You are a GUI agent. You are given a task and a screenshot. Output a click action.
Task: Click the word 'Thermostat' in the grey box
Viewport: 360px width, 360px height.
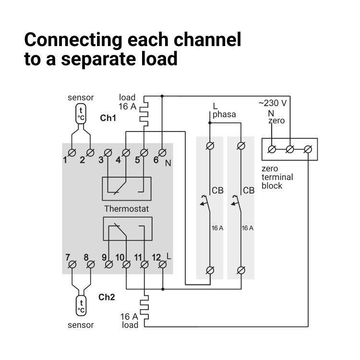(x=127, y=209)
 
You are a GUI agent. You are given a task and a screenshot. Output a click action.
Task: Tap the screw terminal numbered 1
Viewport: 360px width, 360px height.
(x=72, y=153)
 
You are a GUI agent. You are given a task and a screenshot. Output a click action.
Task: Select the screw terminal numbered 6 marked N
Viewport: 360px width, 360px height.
(x=162, y=153)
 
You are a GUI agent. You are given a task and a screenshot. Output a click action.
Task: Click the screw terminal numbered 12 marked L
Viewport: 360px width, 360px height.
(x=162, y=264)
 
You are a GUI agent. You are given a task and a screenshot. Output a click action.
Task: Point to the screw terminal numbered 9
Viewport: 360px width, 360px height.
(x=109, y=264)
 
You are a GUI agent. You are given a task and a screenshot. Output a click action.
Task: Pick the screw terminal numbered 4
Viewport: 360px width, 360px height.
(x=126, y=153)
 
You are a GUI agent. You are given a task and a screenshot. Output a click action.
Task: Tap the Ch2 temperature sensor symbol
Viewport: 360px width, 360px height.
(x=81, y=306)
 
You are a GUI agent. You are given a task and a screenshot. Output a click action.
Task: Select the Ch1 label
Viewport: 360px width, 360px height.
(x=108, y=118)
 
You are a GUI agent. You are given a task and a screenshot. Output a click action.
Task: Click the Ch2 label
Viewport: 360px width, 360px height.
(x=107, y=297)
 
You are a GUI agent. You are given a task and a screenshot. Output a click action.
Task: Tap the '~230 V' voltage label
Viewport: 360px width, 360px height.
(x=272, y=103)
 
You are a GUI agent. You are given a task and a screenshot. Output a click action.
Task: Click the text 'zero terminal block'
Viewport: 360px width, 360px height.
(x=277, y=177)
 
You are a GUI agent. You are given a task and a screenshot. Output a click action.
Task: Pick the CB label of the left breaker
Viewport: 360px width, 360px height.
(x=217, y=191)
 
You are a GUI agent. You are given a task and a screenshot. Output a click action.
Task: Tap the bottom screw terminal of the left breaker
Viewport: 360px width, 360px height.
(x=210, y=269)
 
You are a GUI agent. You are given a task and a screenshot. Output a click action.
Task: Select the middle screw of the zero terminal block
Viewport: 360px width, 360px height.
(x=289, y=149)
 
